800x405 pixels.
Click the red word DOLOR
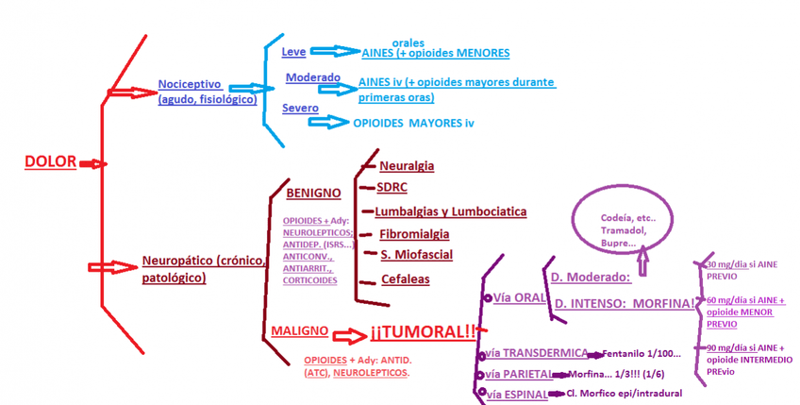pos(50,161)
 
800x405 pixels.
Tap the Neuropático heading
pos(204,260)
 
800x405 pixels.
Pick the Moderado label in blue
pos(308,77)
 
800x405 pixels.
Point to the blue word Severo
pos(300,109)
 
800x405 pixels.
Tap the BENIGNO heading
pos(312,193)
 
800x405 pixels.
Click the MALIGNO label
pos(299,331)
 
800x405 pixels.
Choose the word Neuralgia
pos(407,165)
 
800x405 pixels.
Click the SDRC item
pos(392,187)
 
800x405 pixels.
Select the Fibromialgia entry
pos(414,233)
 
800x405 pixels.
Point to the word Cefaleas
pos(406,279)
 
